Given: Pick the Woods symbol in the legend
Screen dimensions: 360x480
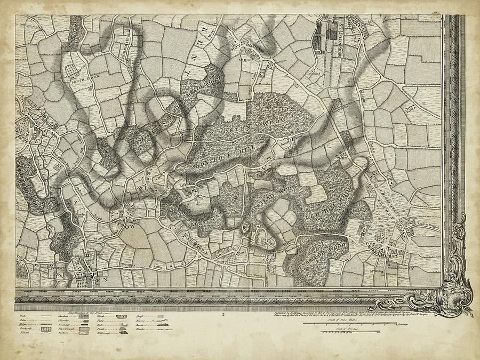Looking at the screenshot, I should point(122,316).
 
